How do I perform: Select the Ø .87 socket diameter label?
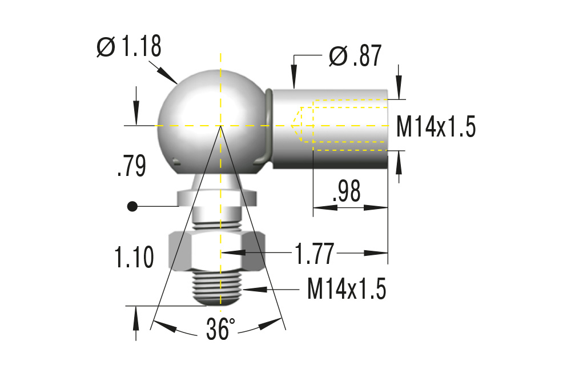coord(355,57)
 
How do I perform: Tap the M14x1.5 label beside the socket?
coord(436,127)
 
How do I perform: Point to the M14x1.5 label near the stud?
coord(347,290)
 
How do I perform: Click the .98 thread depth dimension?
coord(345,192)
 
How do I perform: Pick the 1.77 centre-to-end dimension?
coord(313,253)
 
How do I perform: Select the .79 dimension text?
coord(131,166)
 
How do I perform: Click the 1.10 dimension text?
coord(134,258)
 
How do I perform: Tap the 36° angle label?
coord(220,330)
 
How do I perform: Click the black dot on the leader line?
coord(132,206)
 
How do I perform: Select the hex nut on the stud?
coord(218,250)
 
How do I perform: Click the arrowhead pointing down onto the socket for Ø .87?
coord(294,81)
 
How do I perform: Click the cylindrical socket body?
coord(331,129)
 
